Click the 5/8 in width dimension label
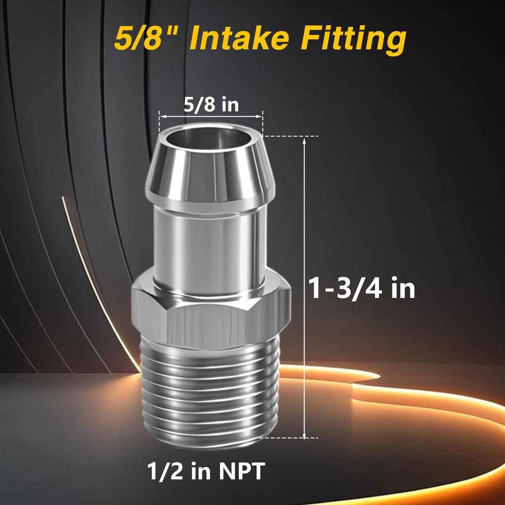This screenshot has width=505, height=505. click(211, 105)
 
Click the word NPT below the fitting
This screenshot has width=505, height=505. click(242, 470)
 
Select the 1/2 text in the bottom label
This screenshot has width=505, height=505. click(165, 471)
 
